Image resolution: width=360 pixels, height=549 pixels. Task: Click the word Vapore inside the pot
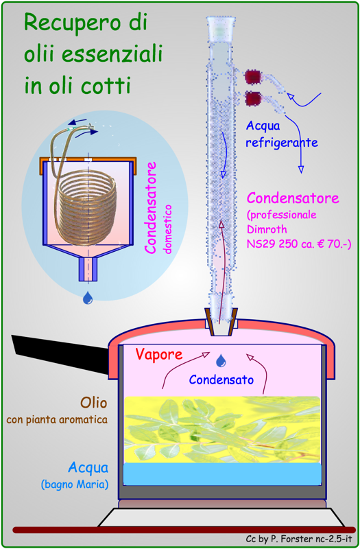(159, 355)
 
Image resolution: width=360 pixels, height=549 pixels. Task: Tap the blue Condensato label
(221, 379)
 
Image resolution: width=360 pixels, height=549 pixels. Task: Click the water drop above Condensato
(221, 361)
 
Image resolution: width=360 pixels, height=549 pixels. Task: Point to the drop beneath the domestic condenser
(88, 298)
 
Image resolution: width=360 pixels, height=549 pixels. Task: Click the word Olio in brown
(93, 403)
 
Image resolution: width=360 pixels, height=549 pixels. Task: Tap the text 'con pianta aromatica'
(57, 419)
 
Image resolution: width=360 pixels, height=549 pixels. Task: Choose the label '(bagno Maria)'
(74, 485)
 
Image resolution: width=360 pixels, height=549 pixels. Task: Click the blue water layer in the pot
(222, 474)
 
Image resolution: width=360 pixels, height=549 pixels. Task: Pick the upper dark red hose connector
(252, 77)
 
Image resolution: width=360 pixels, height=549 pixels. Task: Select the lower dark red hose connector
(253, 99)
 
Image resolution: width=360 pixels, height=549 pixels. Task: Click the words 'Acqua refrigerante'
(282, 134)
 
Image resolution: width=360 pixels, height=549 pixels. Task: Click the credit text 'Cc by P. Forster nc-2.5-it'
(299, 539)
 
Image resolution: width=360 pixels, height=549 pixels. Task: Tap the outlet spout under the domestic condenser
(88, 269)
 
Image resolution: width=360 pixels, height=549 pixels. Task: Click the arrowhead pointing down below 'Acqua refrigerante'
(300, 170)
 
